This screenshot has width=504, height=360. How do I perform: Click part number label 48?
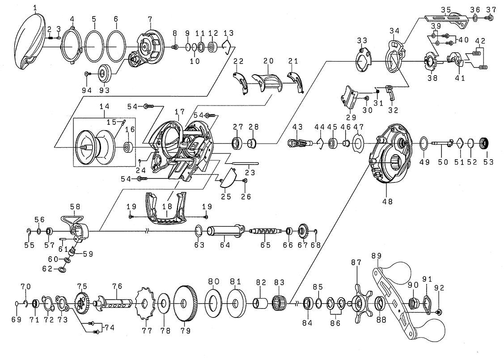point(387,201)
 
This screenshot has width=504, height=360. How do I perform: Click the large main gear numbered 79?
point(185,304)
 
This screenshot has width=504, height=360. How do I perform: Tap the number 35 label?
point(445,9)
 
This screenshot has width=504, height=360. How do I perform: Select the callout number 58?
point(75,207)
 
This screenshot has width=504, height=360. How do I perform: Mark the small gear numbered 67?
point(303,232)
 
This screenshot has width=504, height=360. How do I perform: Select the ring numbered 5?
point(93,47)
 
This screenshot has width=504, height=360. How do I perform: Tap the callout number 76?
point(117,287)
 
